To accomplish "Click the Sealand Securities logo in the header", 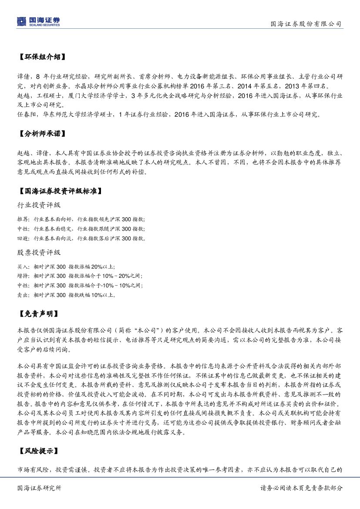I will [38, 21].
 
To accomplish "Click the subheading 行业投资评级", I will [39, 205].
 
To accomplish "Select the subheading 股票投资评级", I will [39, 253].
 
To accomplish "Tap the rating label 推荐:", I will [24, 219].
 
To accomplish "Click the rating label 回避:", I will [24, 239].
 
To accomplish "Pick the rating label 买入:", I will [24, 266].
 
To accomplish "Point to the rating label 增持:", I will [24, 276].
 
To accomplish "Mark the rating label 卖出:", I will [24, 295].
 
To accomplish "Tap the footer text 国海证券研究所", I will [40, 488].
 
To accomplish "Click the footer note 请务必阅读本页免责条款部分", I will [301, 488].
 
